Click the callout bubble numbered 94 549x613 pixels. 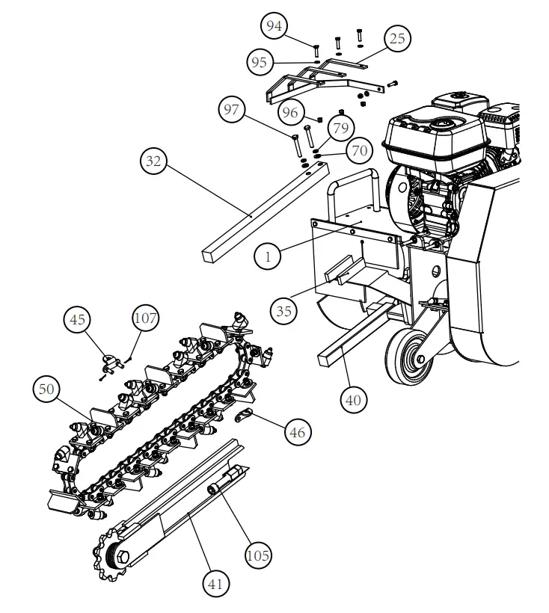pos(275,27)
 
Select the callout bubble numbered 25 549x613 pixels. pos(397,38)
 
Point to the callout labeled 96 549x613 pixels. pos(291,112)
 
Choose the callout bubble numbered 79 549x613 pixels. pos(340,129)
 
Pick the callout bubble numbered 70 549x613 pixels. pos(359,150)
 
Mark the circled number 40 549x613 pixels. pos(354,399)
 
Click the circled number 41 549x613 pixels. pos(218,581)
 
